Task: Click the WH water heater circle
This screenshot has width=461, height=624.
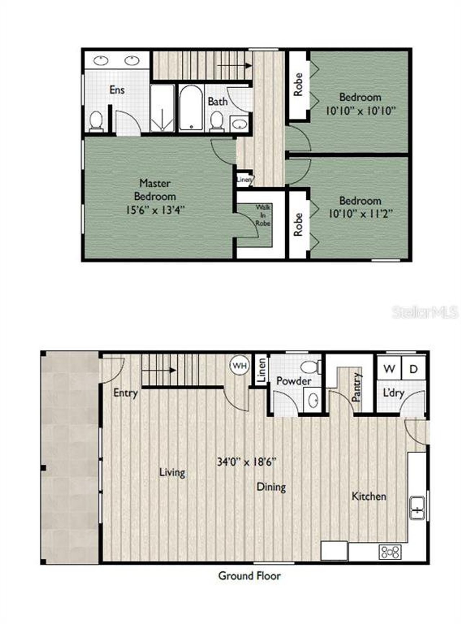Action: pyautogui.click(x=240, y=366)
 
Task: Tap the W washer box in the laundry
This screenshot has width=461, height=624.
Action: pyautogui.click(x=389, y=368)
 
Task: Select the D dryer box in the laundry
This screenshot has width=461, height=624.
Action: pyautogui.click(x=413, y=368)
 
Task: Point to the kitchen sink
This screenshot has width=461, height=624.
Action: pyautogui.click(x=417, y=508)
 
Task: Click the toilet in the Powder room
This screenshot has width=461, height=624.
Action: pyautogui.click(x=309, y=367)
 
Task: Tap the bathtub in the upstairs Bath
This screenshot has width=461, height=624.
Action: pyautogui.click(x=191, y=108)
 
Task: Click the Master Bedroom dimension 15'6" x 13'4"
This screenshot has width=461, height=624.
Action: pyautogui.click(x=155, y=210)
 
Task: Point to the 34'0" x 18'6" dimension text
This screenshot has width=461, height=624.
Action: pyautogui.click(x=247, y=462)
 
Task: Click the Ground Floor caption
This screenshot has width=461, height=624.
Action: pyautogui.click(x=250, y=576)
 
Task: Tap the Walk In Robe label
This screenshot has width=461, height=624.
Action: pyautogui.click(x=263, y=215)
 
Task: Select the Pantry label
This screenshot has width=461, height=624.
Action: pyautogui.click(x=356, y=388)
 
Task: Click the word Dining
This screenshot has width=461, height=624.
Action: pyautogui.click(x=271, y=487)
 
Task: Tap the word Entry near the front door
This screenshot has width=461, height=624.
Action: pyautogui.click(x=125, y=393)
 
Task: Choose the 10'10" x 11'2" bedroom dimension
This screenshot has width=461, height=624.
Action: pyautogui.click(x=360, y=214)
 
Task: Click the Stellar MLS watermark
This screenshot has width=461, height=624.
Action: pyautogui.click(x=425, y=312)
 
